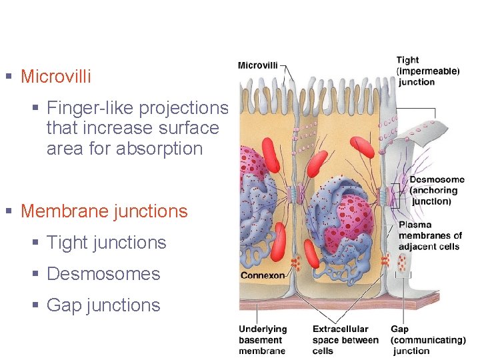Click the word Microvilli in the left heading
pos(56,77)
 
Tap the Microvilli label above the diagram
pos(259,65)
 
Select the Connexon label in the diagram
pos(263,275)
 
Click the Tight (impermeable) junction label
pos(427,71)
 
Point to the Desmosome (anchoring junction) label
pos(436,190)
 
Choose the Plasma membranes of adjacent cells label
pos(429,236)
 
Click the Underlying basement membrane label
pos(263,339)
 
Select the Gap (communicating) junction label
pos(427,339)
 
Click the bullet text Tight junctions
pos(106,243)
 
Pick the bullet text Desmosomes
pos(103,274)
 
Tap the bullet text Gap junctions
pos(103,305)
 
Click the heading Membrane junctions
pos(104,211)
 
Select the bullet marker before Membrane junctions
pos(9,211)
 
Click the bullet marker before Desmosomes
pos(35,274)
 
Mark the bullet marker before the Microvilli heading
pos(9,77)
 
